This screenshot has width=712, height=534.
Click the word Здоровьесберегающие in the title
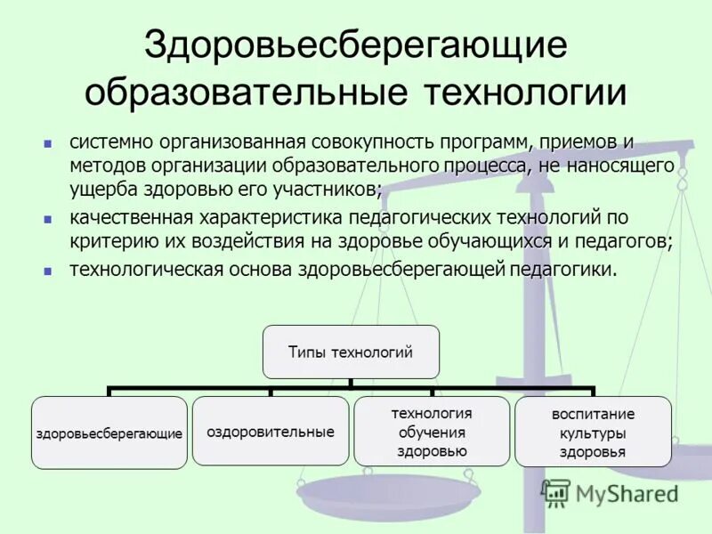[x=355, y=46]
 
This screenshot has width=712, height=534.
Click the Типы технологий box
[x=351, y=352]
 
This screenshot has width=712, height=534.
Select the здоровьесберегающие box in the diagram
[x=109, y=433]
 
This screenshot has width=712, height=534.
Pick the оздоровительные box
[x=271, y=432]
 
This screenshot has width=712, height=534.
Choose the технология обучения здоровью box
[x=432, y=432]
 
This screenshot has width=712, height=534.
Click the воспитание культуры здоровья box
[x=593, y=433]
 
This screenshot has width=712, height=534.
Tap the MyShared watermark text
[x=626, y=493]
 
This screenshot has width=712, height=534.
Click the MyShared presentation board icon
[x=556, y=492]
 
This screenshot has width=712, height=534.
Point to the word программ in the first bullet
[x=483, y=143]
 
